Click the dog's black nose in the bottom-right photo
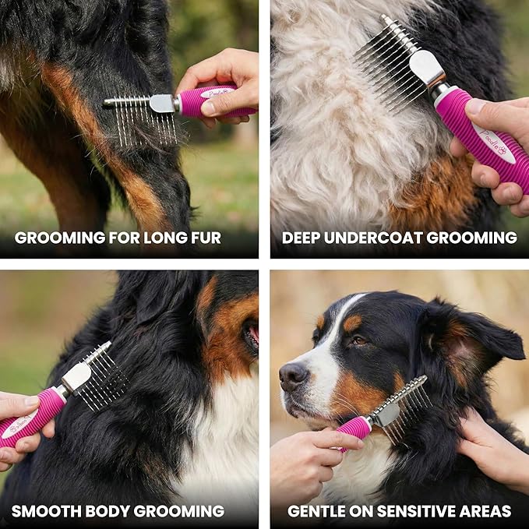click(294, 377)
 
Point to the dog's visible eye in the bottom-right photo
click(358, 340)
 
